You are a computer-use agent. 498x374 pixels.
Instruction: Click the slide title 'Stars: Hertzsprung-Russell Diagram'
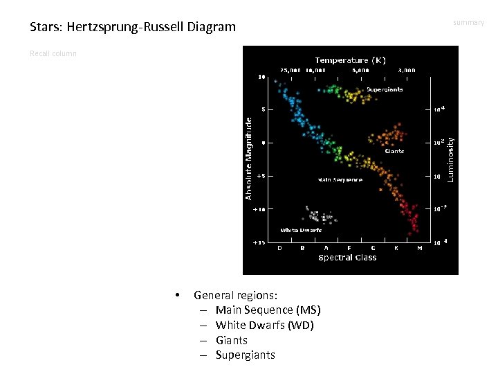(x=133, y=27)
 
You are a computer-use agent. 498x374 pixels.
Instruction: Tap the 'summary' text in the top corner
(x=468, y=23)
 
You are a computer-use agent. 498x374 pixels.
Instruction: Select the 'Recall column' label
(x=53, y=53)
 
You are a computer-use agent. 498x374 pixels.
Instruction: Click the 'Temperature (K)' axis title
(x=351, y=60)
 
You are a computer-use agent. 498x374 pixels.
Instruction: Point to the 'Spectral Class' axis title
(x=347, y=258)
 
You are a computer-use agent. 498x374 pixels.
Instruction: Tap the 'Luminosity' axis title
(x=450, y=159)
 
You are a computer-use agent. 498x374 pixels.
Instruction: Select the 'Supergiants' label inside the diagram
(x=385, y=89)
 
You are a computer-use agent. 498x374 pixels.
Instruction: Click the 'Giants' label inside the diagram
(x=394, y=151)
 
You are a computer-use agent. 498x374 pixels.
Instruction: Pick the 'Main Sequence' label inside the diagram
(x=340, y=180)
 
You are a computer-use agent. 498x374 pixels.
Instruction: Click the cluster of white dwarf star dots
(x=319, y=217)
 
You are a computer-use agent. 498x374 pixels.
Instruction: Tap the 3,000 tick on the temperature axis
(x=407, y=70)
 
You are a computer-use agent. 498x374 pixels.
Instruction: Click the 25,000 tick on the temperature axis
(x=290, y=70)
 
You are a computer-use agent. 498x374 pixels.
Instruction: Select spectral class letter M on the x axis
(x=419, y=247)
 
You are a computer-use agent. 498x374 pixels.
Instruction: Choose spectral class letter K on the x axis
(x=396, y=247)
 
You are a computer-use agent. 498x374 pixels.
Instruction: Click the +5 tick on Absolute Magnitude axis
(x=260, y=176)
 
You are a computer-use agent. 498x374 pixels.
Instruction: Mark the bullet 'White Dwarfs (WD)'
(x=264, y=325)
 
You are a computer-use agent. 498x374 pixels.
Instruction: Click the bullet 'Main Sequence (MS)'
(x=268, y=310)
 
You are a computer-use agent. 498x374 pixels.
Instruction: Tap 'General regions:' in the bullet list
(x=235, y=295)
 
